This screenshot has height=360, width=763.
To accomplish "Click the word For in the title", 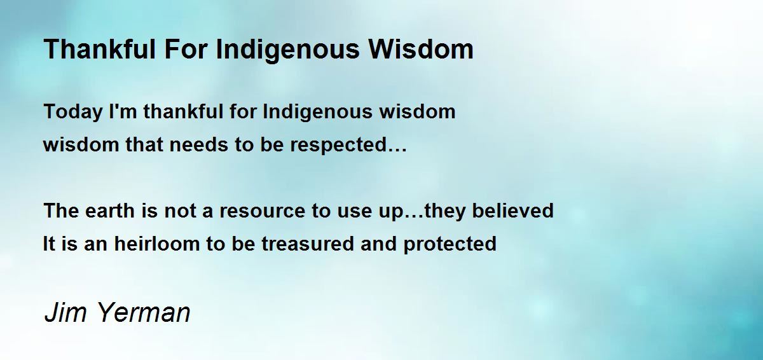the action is (186, 49).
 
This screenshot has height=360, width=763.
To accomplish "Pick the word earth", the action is (109, 211).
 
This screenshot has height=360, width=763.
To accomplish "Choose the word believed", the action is (512, 211).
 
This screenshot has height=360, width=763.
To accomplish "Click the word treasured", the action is (308, 244).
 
